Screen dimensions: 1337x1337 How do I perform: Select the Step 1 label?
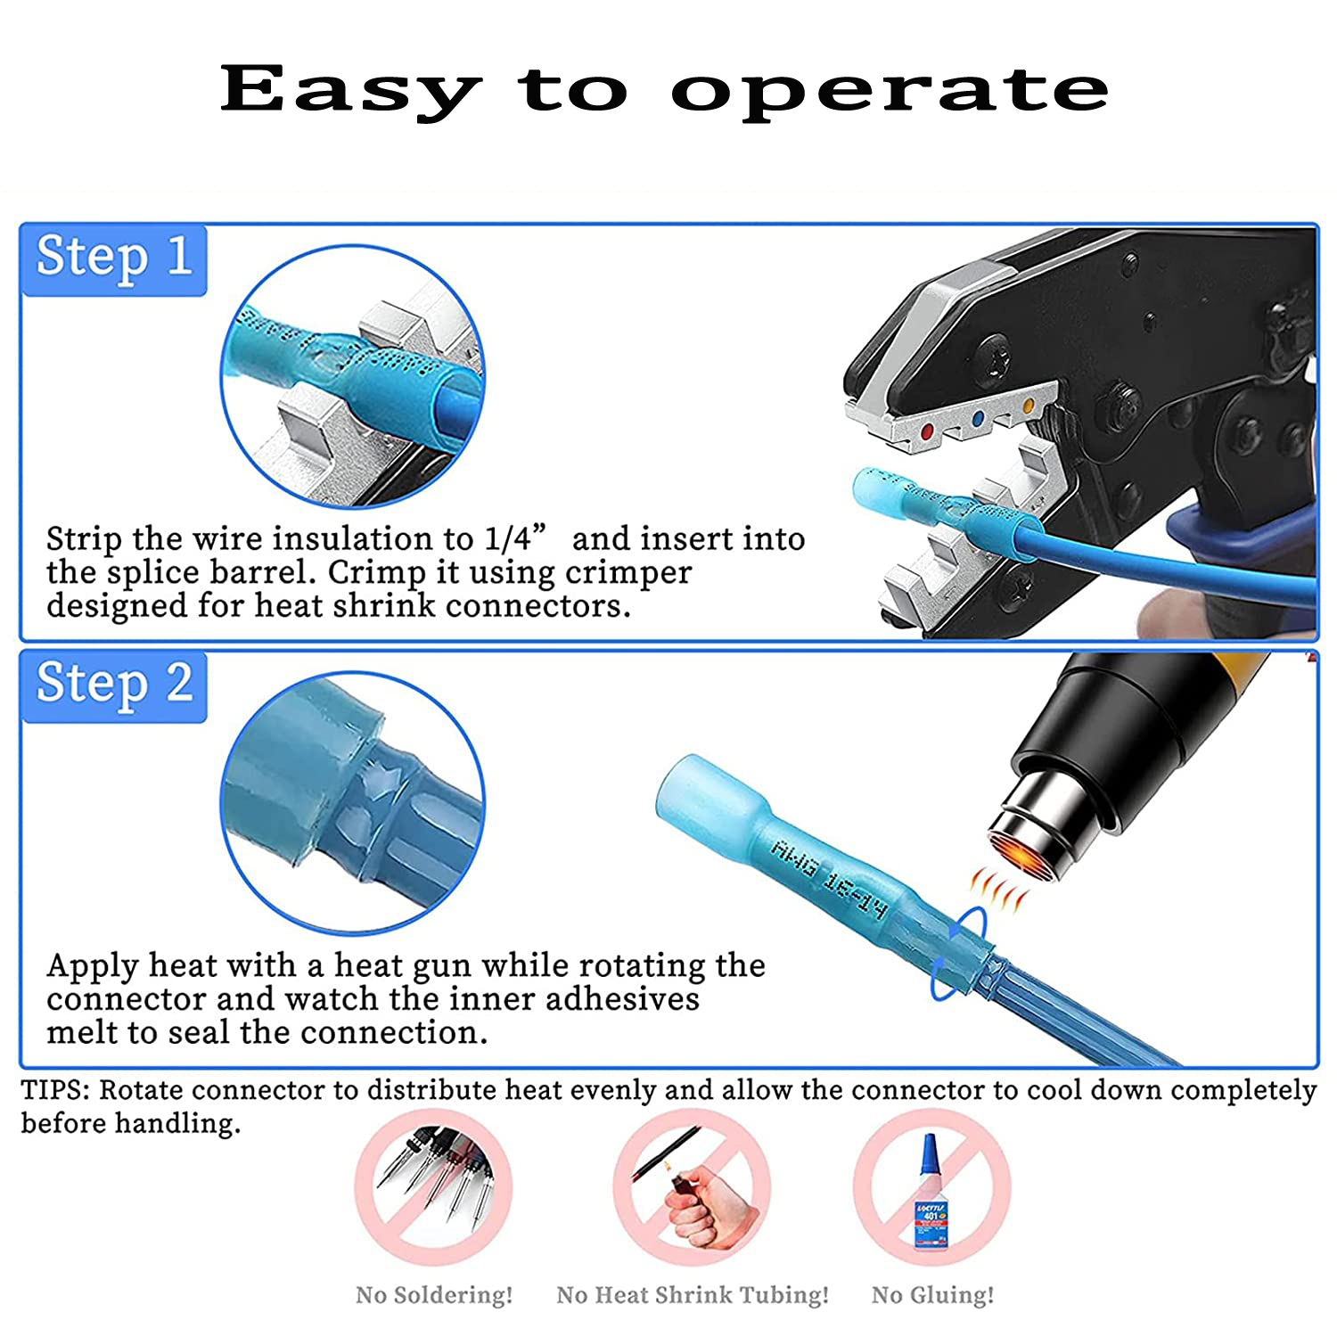tap(114, 258)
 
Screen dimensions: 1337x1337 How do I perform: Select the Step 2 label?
tap(114, 685)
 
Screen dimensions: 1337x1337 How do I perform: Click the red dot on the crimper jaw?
tap(927, 431)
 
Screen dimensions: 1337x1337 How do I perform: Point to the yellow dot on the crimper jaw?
tap(1029, 406)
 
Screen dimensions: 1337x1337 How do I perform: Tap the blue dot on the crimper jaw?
tap(979, 418)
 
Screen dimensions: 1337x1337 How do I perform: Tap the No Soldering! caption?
tap(434, 1294)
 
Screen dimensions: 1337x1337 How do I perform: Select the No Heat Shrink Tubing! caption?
tap(693, 1294)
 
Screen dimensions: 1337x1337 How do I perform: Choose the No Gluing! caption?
tap(932, 1294)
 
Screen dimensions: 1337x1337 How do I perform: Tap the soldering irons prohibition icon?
tap(434, 1188)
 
